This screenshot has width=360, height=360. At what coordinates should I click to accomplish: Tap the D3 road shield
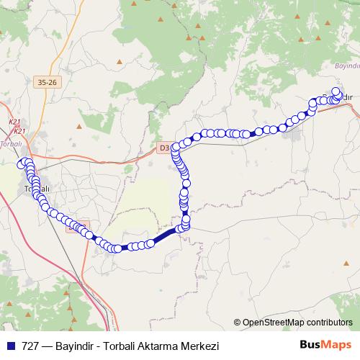pos(163,148)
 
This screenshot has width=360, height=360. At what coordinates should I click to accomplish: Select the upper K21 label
pos(14,123)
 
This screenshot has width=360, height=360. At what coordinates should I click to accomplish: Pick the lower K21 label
pos(19,130)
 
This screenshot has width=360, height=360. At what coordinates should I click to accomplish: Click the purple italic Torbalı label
pos(12,143)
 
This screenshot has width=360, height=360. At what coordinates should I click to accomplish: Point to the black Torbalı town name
pos(36,189)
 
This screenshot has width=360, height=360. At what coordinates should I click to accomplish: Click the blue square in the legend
pos(11,346)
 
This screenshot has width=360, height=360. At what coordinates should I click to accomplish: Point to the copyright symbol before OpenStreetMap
pos(238,322)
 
